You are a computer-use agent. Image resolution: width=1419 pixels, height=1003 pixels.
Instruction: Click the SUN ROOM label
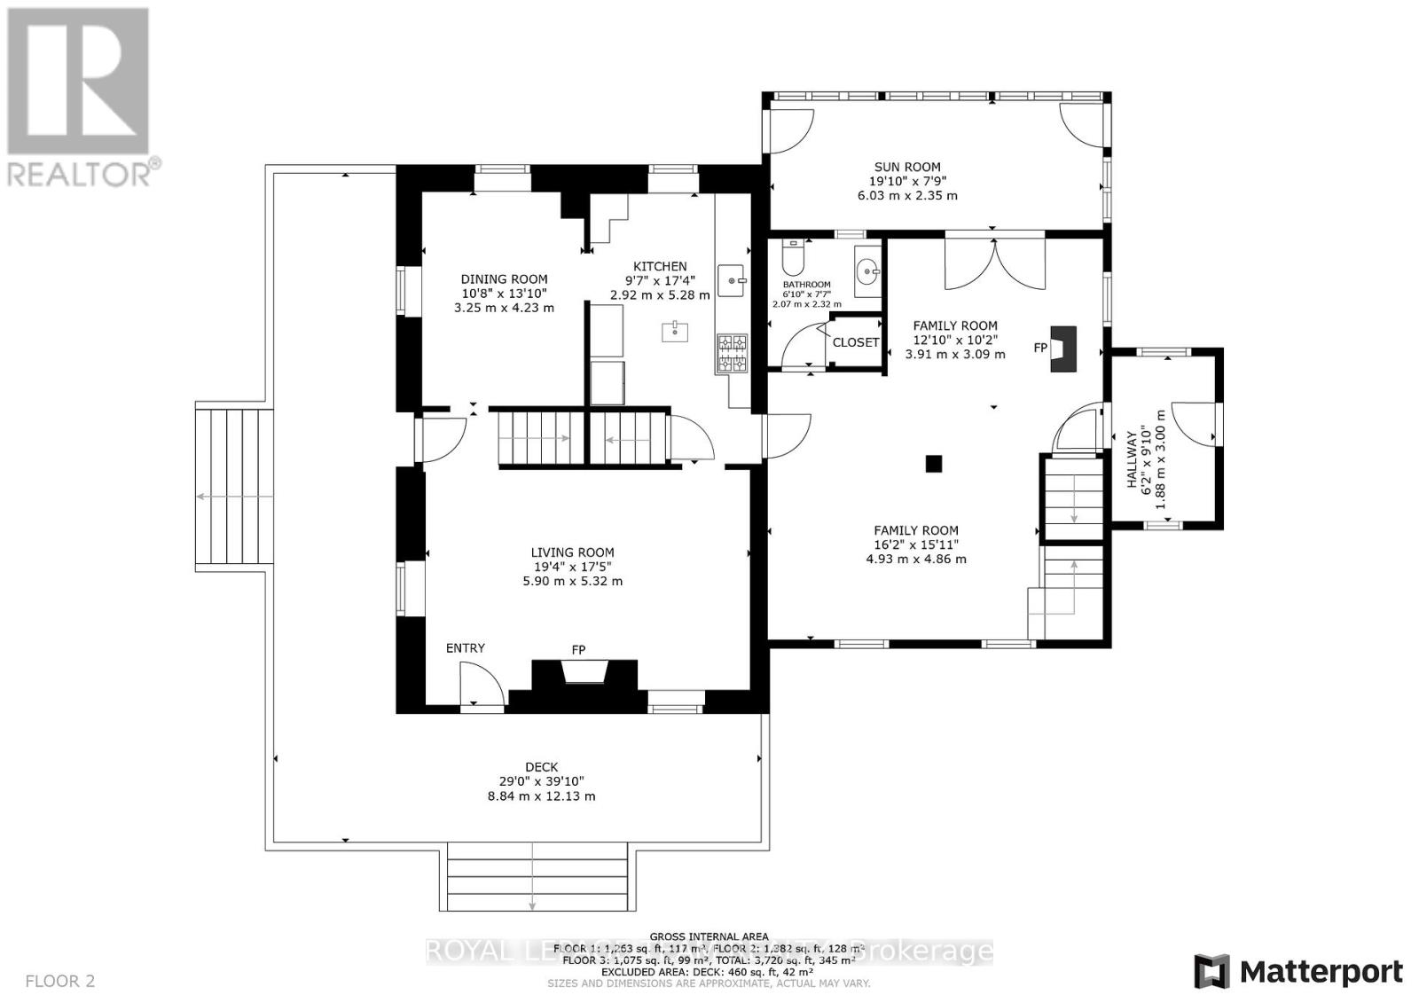point(907,167)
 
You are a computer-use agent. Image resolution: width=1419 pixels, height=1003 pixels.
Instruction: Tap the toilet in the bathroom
point(792,259)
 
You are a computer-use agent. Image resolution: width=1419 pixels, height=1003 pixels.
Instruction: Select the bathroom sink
point(867,266)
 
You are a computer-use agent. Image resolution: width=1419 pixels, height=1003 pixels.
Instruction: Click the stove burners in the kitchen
point(732,353)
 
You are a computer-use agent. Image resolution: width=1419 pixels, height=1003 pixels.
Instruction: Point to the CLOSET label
point(856,342)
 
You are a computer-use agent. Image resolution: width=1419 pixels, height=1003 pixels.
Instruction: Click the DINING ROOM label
point(504,279)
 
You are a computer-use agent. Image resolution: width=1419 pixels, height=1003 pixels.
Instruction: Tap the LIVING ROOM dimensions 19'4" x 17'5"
point(572,567)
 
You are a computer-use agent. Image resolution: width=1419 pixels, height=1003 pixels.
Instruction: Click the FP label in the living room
point(578,650)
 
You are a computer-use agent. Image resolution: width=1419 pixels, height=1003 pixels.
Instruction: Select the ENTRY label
point(465,648)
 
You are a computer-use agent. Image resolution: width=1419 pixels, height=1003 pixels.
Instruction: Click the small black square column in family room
point(933,463)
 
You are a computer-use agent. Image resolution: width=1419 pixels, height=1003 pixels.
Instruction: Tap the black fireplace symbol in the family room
point(1063,349)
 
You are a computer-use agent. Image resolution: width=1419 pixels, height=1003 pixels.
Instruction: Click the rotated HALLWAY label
point(1132,459)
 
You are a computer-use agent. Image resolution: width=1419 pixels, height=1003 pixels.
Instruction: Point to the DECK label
point(541,767)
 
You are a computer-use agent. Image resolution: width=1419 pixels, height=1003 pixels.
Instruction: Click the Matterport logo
point(1298,971)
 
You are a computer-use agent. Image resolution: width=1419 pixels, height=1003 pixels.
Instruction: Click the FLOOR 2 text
point(60,981)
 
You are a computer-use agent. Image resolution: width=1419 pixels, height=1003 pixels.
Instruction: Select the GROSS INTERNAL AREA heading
point(709,936)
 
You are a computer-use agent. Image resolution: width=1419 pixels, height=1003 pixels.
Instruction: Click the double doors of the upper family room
point(994,263)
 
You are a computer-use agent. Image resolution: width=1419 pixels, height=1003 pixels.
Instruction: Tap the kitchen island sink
point(675,332)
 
